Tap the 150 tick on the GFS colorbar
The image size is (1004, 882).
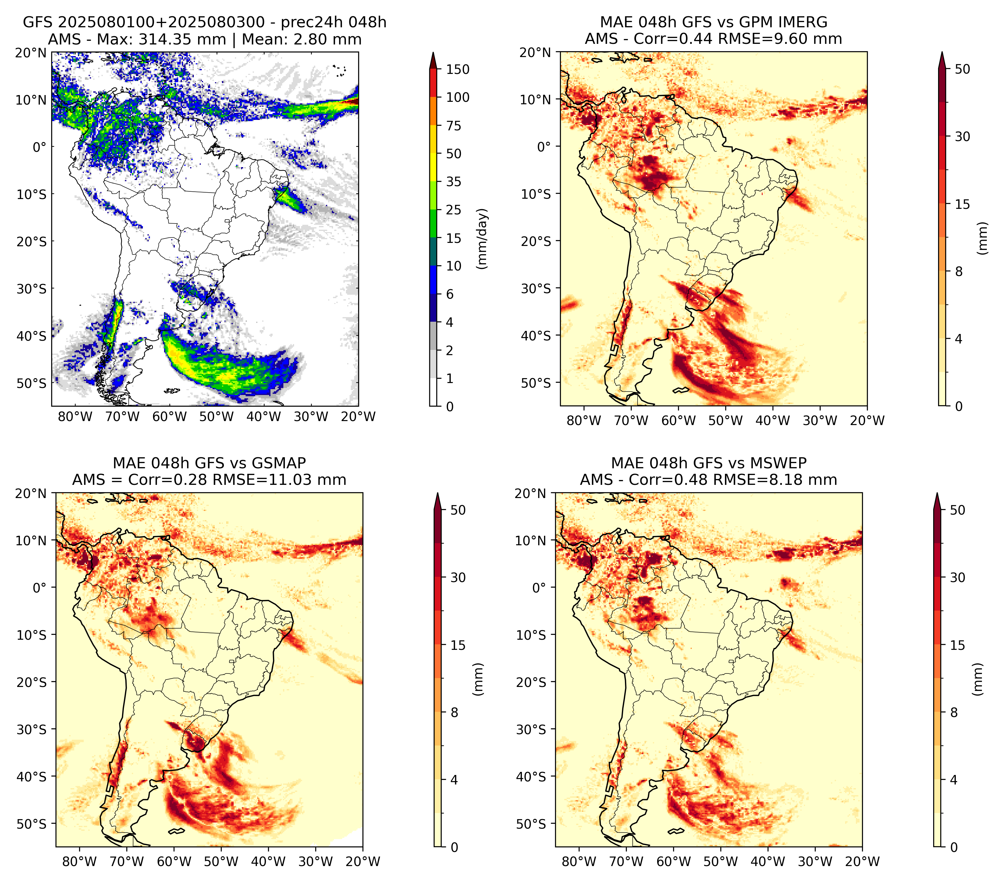[x=457, y=69]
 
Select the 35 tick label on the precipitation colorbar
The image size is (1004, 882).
[x=454, y=182]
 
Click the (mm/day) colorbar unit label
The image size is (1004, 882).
[x=482, y=239]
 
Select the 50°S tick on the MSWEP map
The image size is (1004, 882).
[x=531, y=823]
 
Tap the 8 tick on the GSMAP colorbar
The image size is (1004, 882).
[x=454, y=713]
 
